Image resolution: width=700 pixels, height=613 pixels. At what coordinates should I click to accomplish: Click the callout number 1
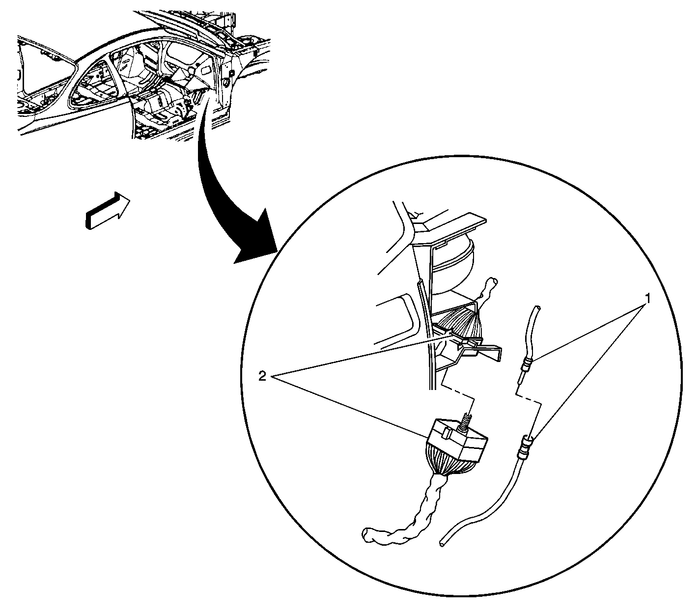click(647, 299)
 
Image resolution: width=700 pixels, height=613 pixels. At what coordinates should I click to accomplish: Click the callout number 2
click(262, 377)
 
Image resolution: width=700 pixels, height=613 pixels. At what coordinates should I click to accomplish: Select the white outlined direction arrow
click(108, 210)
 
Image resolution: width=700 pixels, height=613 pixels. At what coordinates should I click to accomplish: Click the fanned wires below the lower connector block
click(445, 467)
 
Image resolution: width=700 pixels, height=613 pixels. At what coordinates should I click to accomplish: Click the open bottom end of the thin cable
click(442, 544)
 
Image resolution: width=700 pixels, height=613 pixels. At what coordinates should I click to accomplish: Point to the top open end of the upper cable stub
click(537, 307)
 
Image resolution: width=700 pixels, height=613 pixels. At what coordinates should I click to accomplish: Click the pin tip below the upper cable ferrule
click(519, 382)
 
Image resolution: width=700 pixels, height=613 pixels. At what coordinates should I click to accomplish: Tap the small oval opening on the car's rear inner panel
click(206, 70)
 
